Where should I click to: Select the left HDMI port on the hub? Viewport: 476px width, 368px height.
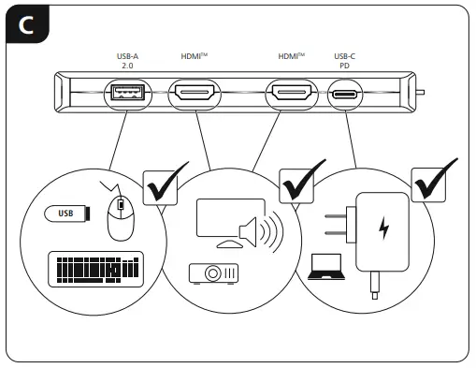tap(195, 95)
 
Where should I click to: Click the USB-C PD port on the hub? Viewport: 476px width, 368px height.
tap(345, 95)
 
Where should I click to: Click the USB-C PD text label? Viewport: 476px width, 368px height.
tap(345, 62)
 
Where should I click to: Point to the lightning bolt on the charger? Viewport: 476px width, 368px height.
tap(383, 227)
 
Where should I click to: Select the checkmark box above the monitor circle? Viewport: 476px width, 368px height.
tap(301, 184)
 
